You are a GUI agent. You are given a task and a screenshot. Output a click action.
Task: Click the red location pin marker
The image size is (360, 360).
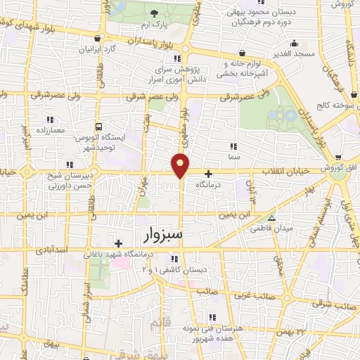point(181,165)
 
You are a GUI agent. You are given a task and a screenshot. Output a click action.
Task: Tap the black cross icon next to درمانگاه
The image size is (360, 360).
point(208,174)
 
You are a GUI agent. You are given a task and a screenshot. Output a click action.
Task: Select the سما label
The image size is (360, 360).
point(234,157)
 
